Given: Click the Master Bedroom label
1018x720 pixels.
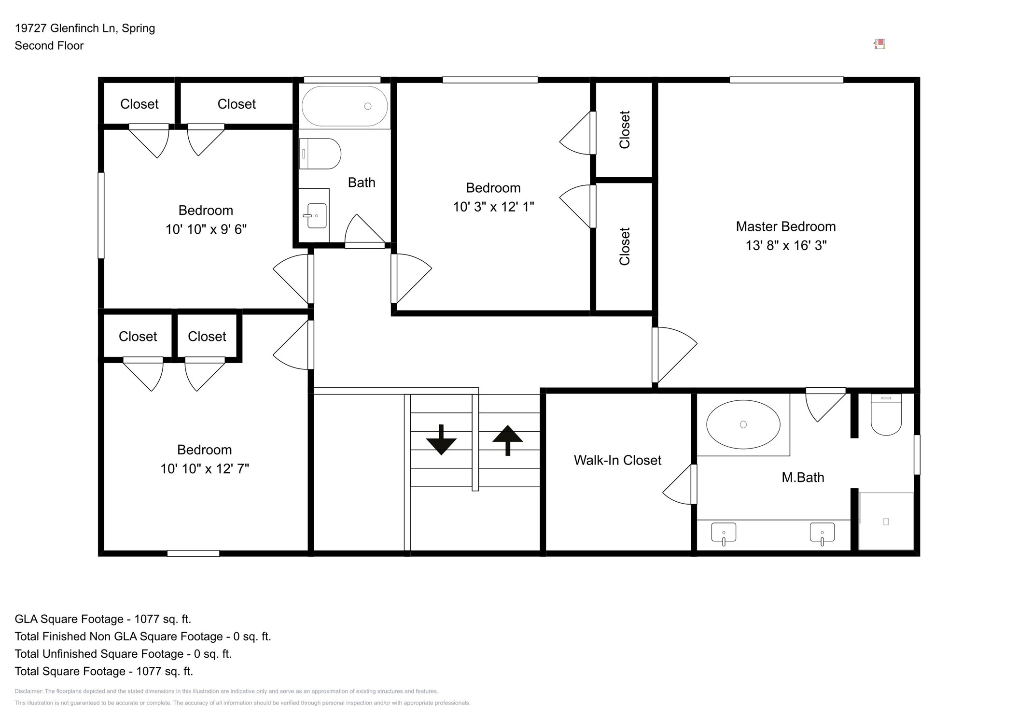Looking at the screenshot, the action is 785,226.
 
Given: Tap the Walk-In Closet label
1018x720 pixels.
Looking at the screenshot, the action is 617,460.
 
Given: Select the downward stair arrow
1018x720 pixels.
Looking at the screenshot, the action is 441,439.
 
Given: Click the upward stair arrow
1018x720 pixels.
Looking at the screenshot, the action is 507,440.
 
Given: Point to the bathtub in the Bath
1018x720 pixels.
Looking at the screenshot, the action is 344,106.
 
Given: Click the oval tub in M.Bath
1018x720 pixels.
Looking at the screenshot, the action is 743,424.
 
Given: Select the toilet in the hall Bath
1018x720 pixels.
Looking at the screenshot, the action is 320,154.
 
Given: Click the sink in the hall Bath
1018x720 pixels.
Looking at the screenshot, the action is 316,216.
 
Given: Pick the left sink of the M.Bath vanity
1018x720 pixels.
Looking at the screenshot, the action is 724,533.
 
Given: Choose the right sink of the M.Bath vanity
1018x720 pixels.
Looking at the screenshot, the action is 822,533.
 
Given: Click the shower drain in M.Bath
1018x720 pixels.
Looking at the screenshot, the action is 886,522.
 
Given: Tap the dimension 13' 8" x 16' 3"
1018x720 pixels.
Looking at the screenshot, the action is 786,245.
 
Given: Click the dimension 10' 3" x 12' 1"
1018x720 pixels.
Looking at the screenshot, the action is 493,207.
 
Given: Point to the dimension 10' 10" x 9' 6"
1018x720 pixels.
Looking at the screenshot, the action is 206,229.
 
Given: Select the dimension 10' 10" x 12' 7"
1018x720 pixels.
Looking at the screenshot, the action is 205,468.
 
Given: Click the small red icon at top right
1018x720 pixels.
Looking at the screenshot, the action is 879,44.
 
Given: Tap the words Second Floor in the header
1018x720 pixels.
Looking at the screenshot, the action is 49,45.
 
